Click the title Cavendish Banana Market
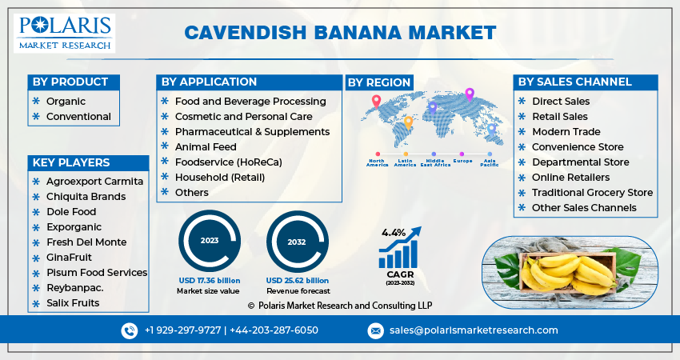pyautogui.click(x=340, y=33)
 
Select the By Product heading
pyautogui.click(x=70, y=82)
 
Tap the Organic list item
pyautogui.click(x=66, y=102)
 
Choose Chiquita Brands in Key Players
pyautogui.click(x=86, y=197)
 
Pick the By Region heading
pyautogui.click(x=379, y=82)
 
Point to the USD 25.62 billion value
pyautogui.click(x=298, y=281)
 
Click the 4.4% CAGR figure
pyautogui.click(x=394, y=232)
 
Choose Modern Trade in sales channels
pyautogui.click(x=566, y=132)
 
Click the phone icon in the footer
pyautogui.click(x=130, y=330)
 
